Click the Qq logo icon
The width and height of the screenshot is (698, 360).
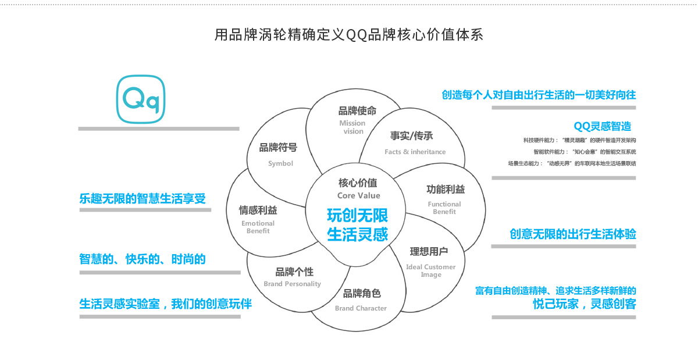click(x=141, y=99)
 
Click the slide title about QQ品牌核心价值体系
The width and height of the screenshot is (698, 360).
click(x=349, y=35)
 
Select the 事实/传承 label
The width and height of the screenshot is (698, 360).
click(x=411, y=136)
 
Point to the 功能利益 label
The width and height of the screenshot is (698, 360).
click(x=446, y=190)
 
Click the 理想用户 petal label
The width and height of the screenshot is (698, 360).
click(x=429, y=251)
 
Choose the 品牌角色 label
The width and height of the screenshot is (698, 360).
click(x=362, y=294)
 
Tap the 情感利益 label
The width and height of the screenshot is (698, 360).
click(x=258, y=210)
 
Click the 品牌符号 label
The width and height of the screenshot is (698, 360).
click(x=278, y=148)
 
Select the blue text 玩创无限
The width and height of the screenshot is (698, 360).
click(x=357, y=216)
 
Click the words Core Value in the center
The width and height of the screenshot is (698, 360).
click(x=358, y=195)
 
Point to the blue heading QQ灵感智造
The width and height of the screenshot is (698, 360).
click(x=602, y=126)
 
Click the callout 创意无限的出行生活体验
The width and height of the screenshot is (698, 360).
click(x=572, y=234)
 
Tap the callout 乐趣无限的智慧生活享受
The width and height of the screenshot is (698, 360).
click(x=143, y=198)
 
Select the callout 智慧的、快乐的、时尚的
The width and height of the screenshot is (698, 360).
click(x=143, y=259)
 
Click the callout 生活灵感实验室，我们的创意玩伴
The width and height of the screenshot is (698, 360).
click(x=166, y=304)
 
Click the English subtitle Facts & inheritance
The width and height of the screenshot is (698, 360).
click(x=415, y=152)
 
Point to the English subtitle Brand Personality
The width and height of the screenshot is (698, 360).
click(x=292, y=284)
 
